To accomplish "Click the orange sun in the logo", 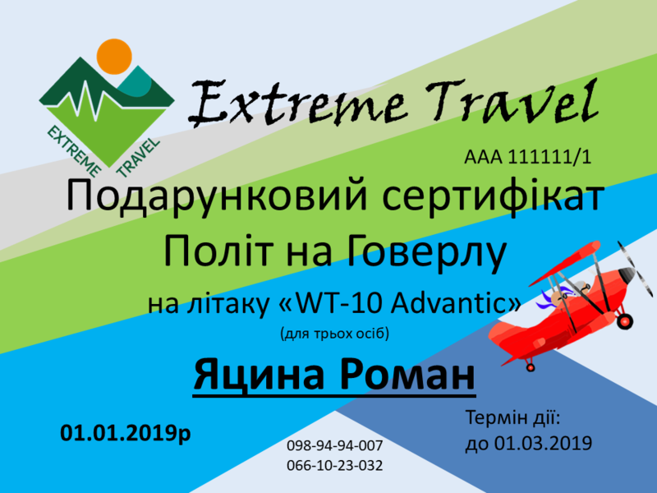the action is [x=114, y=56].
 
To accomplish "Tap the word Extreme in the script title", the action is [x=298, y=104].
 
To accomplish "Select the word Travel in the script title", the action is [x=512, y=99].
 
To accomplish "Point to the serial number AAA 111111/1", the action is [x=527, y=157].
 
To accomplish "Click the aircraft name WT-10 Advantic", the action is [x=399, y=303].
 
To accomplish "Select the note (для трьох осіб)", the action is [x=334, y=334].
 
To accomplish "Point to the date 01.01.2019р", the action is [x=126, y=433].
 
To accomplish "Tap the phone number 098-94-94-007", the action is [x=334, y=445].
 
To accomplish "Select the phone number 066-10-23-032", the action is [x=334, y=465].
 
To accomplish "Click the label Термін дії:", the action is [x=512, y=418].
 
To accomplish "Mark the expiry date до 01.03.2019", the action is [x=528, y=444].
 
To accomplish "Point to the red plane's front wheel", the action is [x=624, y=321].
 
